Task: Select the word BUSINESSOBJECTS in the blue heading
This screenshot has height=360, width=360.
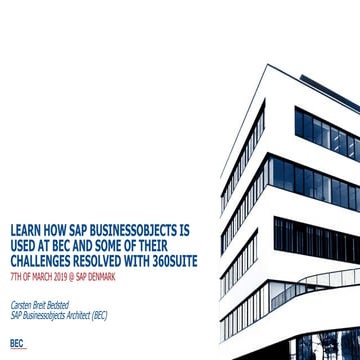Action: click(145, 228)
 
